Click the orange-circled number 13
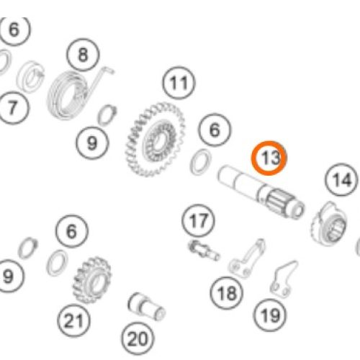pyautogui.click(x=269, y=158)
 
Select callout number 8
pyautogui.click(x=83, y=55)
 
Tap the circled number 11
pyautogui.click(x=179, y=83)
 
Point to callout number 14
pyautogui.click(x=342, y=179)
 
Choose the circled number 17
pyautogui.click(x=198, y=221)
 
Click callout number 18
pyautogui.click(x=227, y=293)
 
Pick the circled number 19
pyautogui.click(x=271, y=315)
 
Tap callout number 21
pyautogui.click(x=74, y=320)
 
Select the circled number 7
pyautogui.click(x=12, y=107)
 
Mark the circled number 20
pyautogui.click(x=138, y=339)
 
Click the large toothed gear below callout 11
pyautogui.click(x=155, y=139)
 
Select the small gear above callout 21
pyautogui.click(x=92, y=279)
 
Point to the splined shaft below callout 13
pyautogui.click(x=261, y=192)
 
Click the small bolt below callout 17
pyautogui.click(x=203, y=251)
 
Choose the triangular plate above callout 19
pyautogui.click(x=283, y=279)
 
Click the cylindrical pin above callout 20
pyautogui.click(x=146, y=307)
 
